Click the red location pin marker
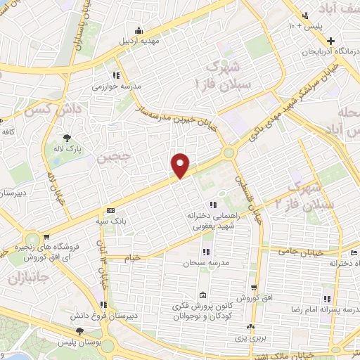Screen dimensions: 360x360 tap(181, 165)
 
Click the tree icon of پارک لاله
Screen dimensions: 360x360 tap(67, 138)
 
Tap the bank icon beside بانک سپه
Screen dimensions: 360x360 tap(110, 211)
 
